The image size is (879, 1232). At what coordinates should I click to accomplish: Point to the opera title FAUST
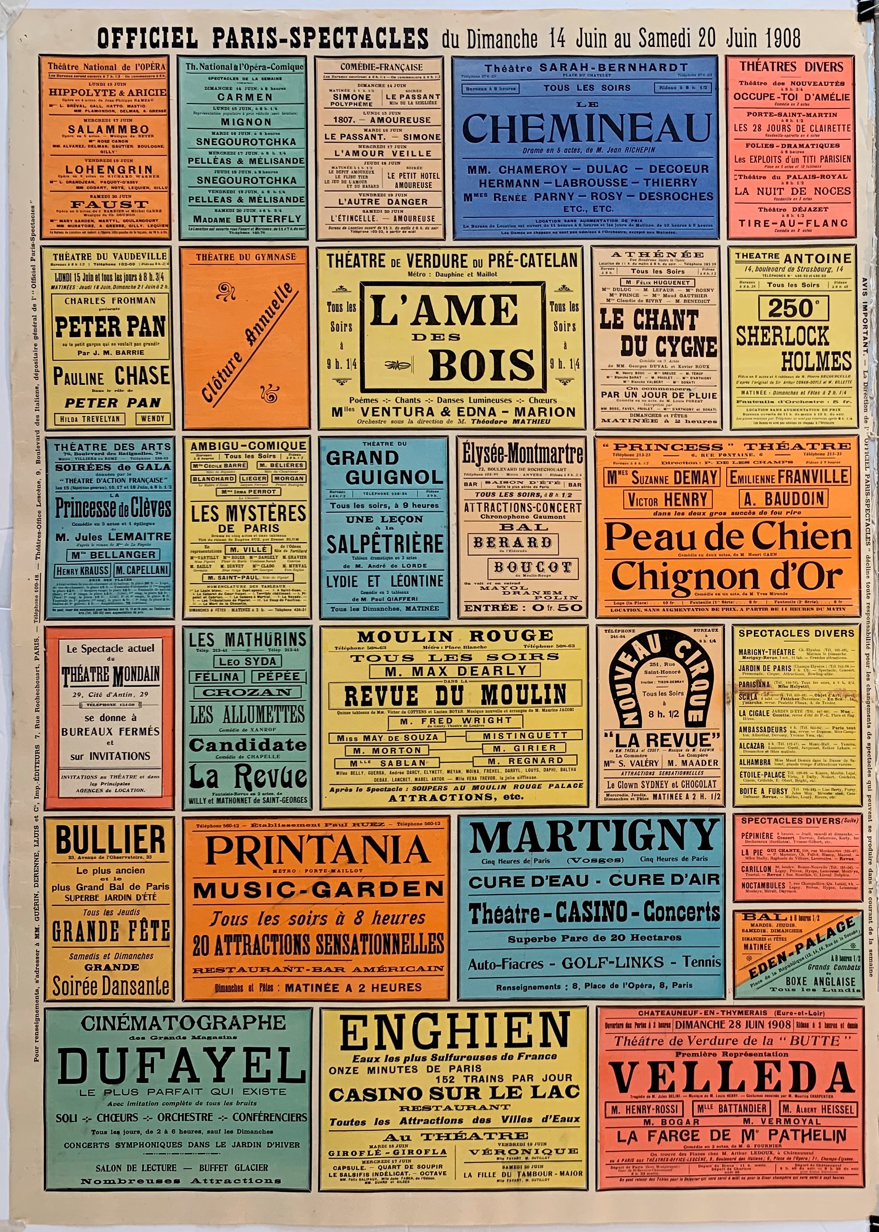pos(102,204)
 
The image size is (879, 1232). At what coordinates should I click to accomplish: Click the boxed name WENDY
pos(153,419)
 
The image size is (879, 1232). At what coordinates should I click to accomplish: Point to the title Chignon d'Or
pos(727,578)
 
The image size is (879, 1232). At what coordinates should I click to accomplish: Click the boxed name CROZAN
pos(247,692)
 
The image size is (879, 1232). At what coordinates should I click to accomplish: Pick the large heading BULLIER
pos(110,840)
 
